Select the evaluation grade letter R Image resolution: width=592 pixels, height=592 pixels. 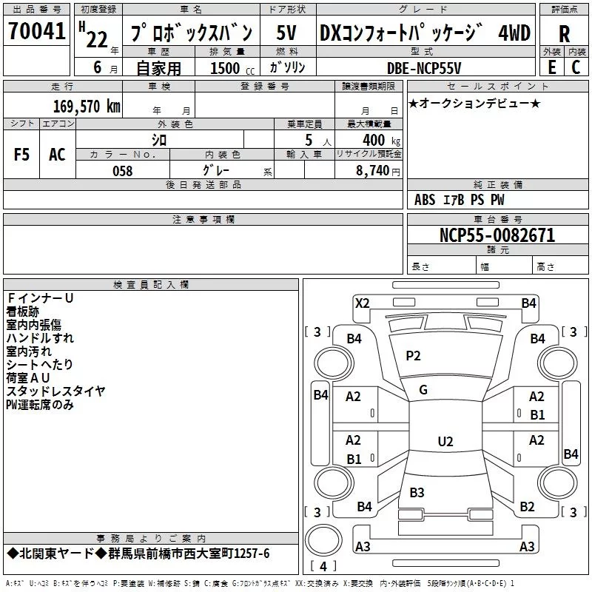pyautogui.click(x=564, y=34)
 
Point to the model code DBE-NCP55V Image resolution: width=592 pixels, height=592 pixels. pyautogui.click(x=424, y=67)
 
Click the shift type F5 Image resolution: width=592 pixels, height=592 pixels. pyautogui.click(x=22, y=155)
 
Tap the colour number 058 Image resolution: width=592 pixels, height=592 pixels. pyautogui.click(x=122, y=170)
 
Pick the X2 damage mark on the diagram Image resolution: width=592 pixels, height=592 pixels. pyautogui.click(x=362, y=303)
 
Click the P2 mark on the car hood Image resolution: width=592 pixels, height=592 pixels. pyautogui.click(x=413, y=356)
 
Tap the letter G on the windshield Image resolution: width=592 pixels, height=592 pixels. pyautogui.click(x=423, y=390)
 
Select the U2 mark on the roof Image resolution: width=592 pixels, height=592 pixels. pyautogui.click(x=445, y=442)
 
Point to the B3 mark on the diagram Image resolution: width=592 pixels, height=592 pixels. pyautogui.click(x=417, y=492)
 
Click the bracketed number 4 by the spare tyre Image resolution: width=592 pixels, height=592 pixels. pyautogui.click(x=323, y=567)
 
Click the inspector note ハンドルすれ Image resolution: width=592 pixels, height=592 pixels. pyautogui.click(x=40, y=337)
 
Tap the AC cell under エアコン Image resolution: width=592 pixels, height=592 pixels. pyautogui.click(x=57, y=155)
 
